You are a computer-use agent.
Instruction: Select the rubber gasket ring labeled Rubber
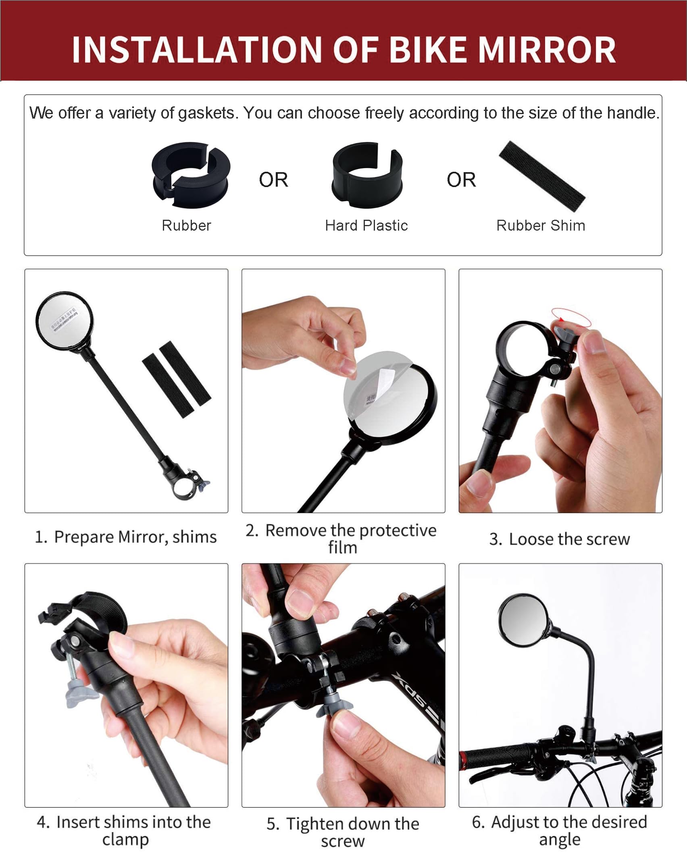(191, 174)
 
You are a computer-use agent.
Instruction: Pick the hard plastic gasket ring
(367, 175)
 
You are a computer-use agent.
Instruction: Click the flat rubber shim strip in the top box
(542, 176)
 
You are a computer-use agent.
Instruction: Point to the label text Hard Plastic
(366, 225)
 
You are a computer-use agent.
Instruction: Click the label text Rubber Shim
(541, 225)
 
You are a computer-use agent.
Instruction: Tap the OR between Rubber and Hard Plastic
(274, 180)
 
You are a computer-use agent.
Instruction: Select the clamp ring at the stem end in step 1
(183, 487)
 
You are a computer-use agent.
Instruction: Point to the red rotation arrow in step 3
(571, 317)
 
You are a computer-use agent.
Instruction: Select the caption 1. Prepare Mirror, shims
(126, 537)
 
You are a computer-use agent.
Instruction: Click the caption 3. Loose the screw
(560, 539)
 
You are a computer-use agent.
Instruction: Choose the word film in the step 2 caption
(343, 547)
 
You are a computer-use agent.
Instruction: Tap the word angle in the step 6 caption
(560, 839)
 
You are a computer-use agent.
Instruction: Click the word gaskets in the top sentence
(206, 113)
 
